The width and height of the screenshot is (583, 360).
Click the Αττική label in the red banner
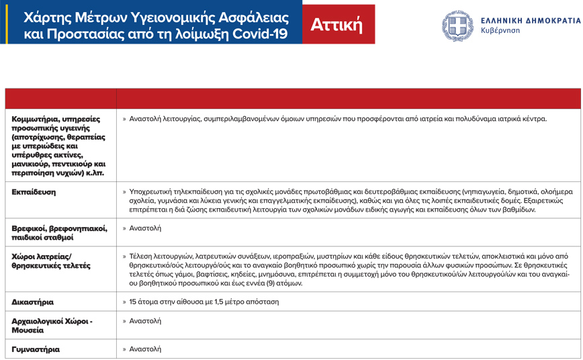pyautogui.click(x=337, y=24)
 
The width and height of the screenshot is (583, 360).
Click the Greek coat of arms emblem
pyautogui.click(x=458, y=26)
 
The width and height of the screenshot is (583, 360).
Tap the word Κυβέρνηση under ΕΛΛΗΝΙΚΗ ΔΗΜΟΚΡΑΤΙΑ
pyautogui.click(x=500, y=32)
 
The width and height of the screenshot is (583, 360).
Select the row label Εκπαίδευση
pyautogui.click(x=34, y=192)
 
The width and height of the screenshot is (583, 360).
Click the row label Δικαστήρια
pyautogui.click(x=33, y=302)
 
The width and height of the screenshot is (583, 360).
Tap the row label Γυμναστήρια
pyautogui.click(x=36, y=349)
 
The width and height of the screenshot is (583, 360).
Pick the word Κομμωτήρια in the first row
pyautogui.click(x=36, y=119)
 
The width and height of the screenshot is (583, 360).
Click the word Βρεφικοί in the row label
pyautogui.click(x=30, y=228)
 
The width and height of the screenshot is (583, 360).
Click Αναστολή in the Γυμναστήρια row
pyautogui.click(x=145, y=349)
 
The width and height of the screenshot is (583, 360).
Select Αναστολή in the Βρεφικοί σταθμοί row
pyautogui.click(x=145, y=228)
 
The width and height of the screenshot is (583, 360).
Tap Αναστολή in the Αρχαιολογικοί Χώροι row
pyautogui.click(x=145, y=321)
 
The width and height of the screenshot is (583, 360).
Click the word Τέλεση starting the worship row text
pyautogui.click(x=141, y=257)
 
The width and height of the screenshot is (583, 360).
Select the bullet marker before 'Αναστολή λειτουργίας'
pyautogui.click(x=124, y=119)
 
